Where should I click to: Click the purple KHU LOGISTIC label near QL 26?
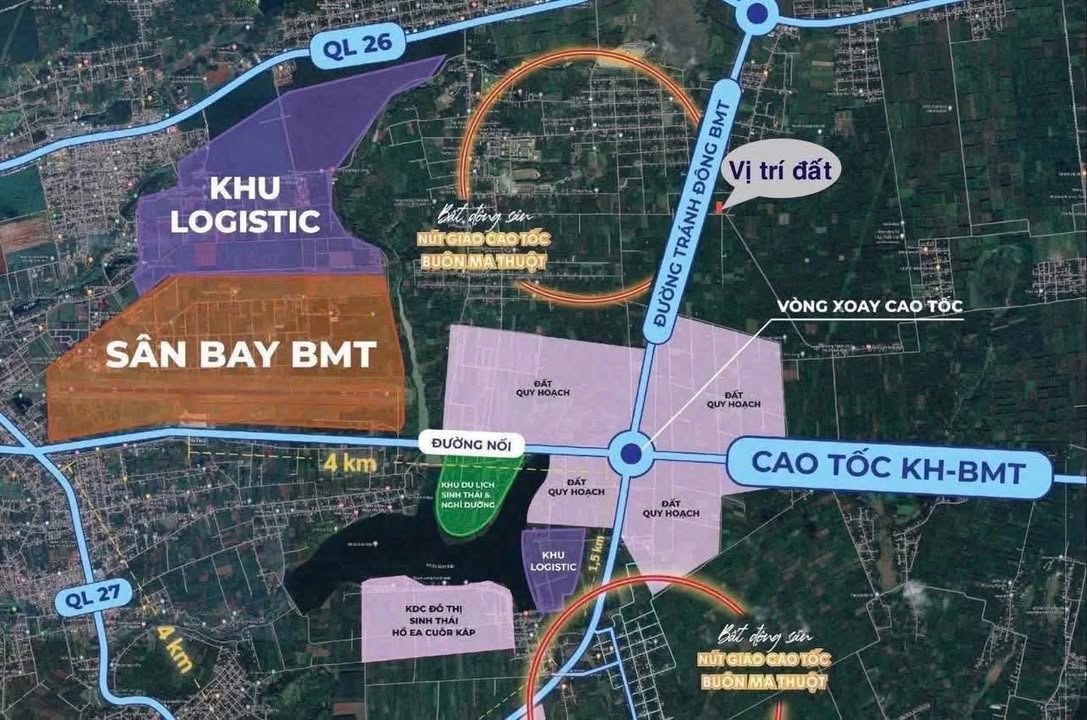point(244,205)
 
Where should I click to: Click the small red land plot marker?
point(718,208)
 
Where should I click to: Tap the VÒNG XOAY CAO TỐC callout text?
point(871,307)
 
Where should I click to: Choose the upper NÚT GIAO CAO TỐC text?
point(482,240)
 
